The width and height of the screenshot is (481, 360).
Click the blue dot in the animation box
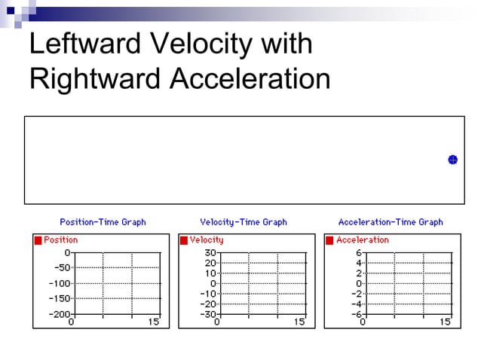pyautogui.click(x=453, y=160)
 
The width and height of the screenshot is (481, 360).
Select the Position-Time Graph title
pyautogui.click(x=103, y=222)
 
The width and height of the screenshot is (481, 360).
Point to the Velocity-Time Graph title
pyautogui.click(x=244, y=222)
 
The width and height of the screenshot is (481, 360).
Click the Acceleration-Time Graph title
pyautogui.click(x=391, y=222)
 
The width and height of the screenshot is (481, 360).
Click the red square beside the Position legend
pyautogui.click(x=38, y=240)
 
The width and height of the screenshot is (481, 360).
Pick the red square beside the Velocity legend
pyautogui.click(x=184, y=240)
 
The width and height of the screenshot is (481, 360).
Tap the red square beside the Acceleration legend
pyautogui.click(x=329, y=240)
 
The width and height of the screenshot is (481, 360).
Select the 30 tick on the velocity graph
pyautogui.click(x=210, y=253)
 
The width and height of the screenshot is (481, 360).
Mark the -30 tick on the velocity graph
pyautogui.click(x=208, y=313)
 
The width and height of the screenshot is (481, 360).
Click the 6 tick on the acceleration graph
pyautogui.click(x=360, y=253)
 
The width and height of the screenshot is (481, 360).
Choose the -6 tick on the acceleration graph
pyautogui.click(x=357, y=313)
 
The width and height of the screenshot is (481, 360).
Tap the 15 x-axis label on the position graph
pyautogui.click(x=154, y=322)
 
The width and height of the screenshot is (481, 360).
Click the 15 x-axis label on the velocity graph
pyautogui.click(x=299, y=322)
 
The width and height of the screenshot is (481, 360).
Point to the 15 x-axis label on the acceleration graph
pyautogui.click(x=445, y=322)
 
